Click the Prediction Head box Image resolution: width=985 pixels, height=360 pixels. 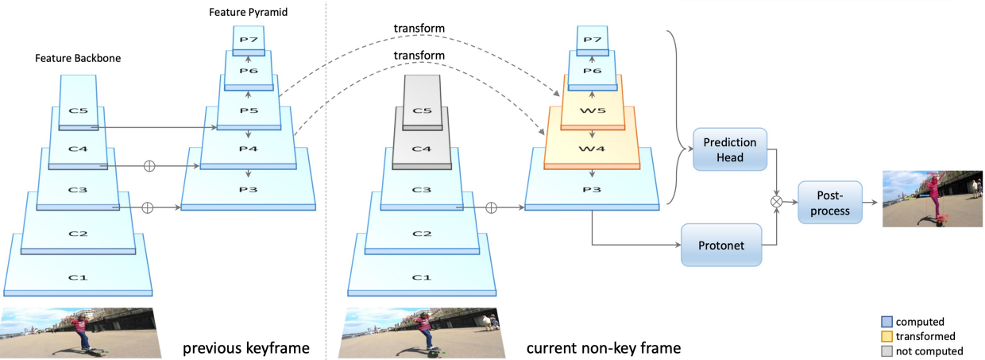point(730,149)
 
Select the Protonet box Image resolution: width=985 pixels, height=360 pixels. point(721,245)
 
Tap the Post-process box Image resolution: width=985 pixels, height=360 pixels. point(830,203)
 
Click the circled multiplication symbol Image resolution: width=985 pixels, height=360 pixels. point(777,202)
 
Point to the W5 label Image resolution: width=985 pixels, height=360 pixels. point(593,110)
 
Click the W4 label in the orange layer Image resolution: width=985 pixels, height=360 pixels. point(592,149)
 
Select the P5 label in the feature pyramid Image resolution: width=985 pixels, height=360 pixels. point(249,110)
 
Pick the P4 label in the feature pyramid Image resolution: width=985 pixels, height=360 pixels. point(249,149)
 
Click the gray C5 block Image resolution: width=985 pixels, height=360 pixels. point(422,103)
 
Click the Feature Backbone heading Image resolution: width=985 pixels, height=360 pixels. point(78,58)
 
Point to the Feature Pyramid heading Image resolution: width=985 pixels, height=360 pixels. point(248,13)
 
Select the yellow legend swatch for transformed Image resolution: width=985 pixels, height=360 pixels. point(887,337)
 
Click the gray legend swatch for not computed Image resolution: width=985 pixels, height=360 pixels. point(887,351)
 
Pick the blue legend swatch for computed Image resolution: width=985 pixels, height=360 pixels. point(887,322)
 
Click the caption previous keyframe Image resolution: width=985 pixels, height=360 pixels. point(246,348)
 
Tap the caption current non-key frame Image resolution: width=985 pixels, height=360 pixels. point(604,348)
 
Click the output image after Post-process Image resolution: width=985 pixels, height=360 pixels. point(933,199)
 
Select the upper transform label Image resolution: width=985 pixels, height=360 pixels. point(419,28)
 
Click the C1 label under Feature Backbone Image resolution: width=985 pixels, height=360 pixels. point(78,277)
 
